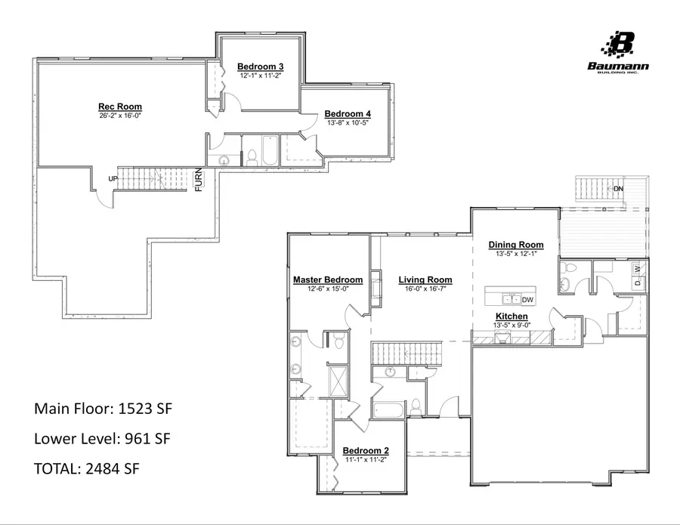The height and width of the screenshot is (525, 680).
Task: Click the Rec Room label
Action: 120,107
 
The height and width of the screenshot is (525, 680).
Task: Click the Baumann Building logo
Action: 617,52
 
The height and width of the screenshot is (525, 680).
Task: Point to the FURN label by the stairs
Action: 199,179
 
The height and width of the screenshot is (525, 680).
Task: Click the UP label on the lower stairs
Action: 113,178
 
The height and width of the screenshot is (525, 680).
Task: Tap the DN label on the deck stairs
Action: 618,188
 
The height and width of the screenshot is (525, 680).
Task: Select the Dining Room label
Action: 516,245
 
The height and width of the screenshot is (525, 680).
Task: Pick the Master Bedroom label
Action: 328,279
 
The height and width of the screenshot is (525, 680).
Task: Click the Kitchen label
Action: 512,316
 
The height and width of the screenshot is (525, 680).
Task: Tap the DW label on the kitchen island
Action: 527,300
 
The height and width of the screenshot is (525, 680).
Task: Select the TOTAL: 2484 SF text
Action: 87,468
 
